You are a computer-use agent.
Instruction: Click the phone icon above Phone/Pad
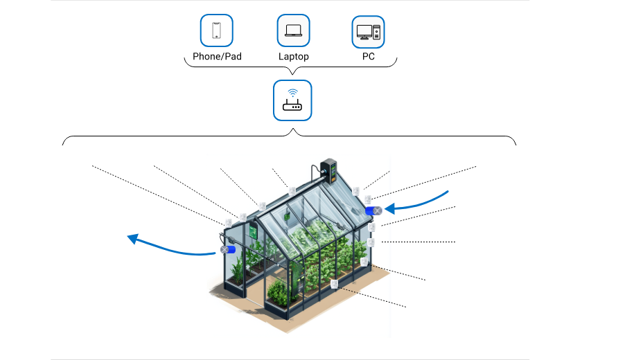tap(216, 31)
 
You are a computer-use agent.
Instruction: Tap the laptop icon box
tap(293, 31)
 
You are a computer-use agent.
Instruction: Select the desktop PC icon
tap(368, 31)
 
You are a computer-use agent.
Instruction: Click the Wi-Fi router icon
tap(292, 100)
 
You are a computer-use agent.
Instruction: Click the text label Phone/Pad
tap(217, 57)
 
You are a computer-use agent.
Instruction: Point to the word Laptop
tap(293, 57)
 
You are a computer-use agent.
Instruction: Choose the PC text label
tap(368, 57)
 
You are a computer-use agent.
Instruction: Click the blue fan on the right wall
tap(373, 210)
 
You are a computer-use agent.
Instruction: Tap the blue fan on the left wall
tap(228, 249)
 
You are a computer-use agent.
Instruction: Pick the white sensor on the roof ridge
tap(293, 190)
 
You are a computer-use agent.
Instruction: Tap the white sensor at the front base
tap(334, 283)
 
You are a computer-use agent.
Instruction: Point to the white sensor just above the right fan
tap(368, 199)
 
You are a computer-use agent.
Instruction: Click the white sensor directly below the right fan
tap(372, 226)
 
